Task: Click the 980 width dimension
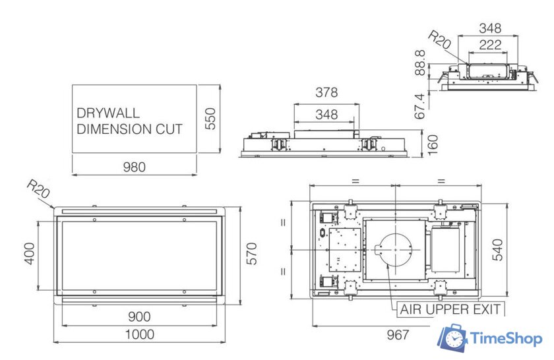click(x=135, y=167)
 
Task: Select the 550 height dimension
click(x=210, y=119)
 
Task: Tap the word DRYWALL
click(x=108, y=113)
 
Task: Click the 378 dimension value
click(x=326, y=92)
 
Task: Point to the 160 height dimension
click(x=433, y=144)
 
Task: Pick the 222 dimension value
click(x=490, y=45)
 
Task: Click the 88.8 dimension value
click(x=420, y=63)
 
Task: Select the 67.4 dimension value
click(x=420, y=106)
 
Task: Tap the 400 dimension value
click(x=29, y=253)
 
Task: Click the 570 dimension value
click(x=251, y=253)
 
